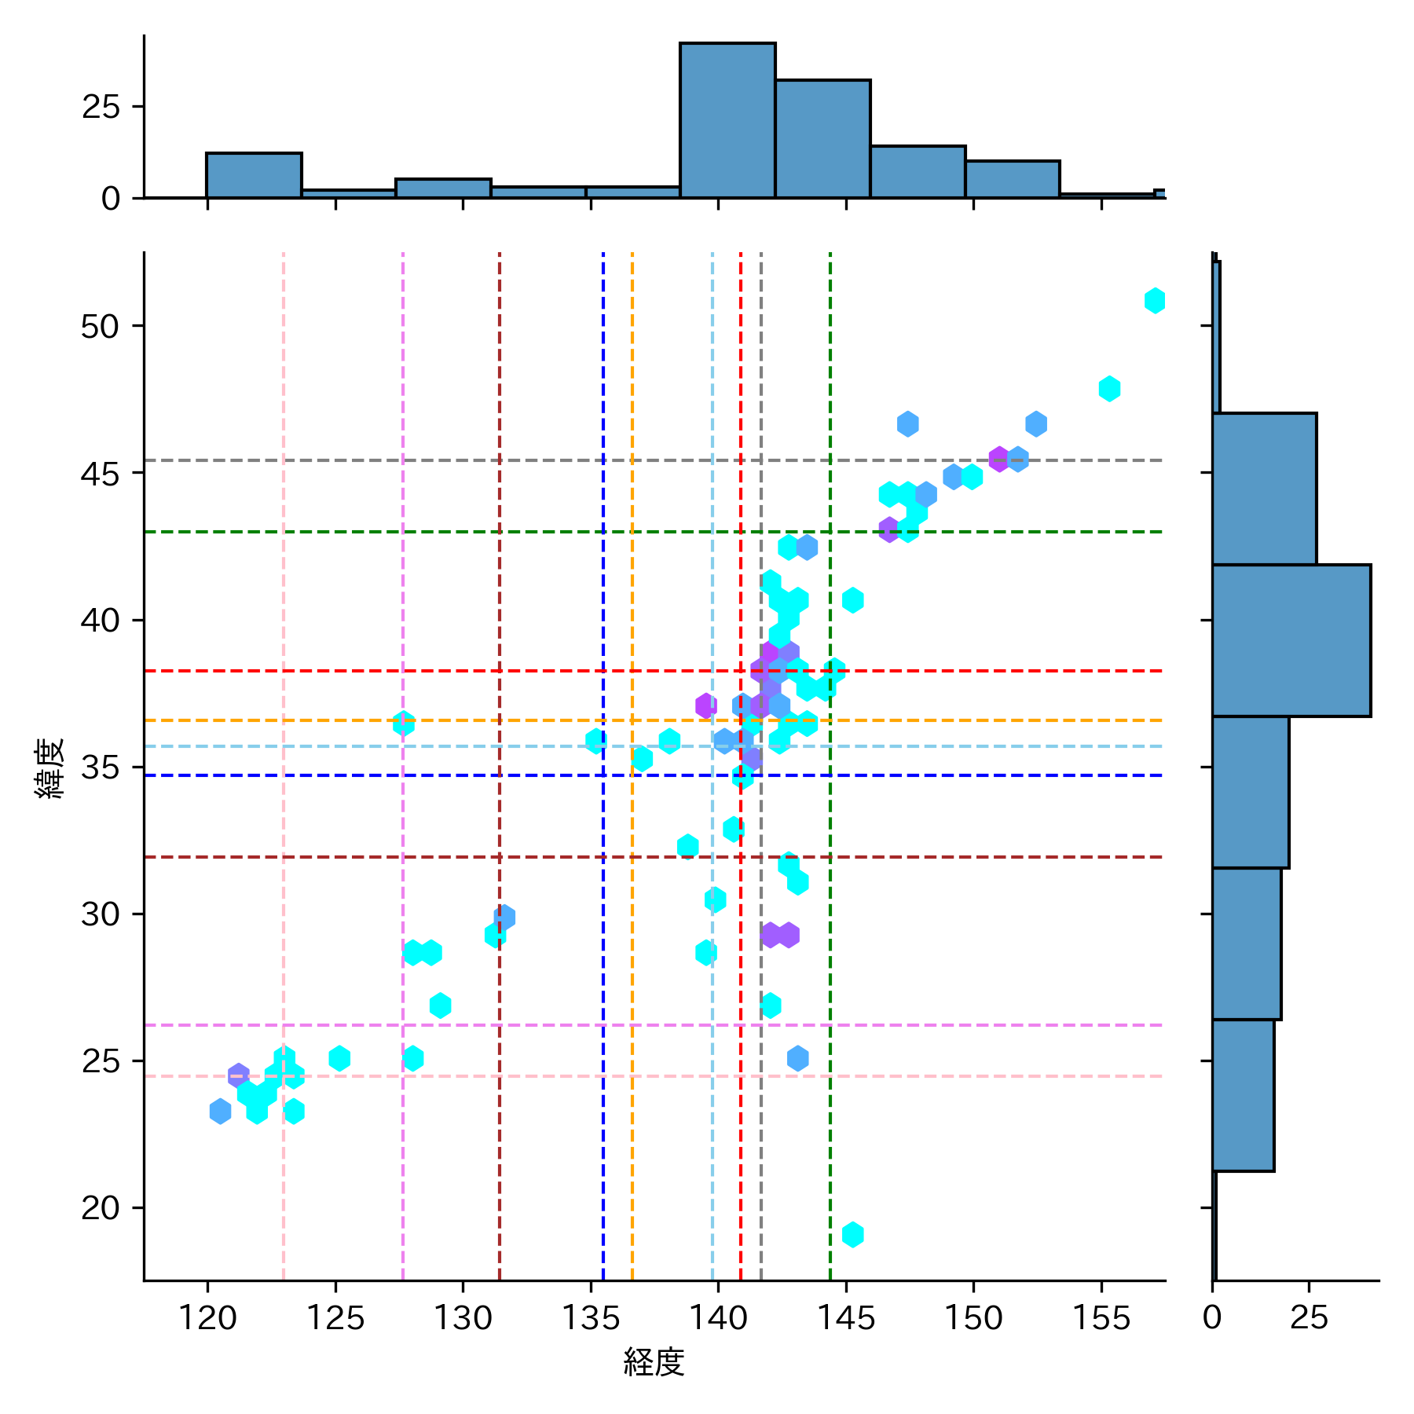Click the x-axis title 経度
(654, 1362)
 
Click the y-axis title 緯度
(50, 768)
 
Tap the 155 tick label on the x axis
(1101, 1317)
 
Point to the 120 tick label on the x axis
(207, 1317)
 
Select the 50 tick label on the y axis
(100, 326)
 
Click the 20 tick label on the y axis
(100, 1207)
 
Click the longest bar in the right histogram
(1291, 640)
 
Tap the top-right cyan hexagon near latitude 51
(1154, 301)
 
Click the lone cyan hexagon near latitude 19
(852, 1234)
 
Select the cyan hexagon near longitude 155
(1108, 388)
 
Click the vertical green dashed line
(830, 1139)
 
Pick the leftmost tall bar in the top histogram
(254, 175)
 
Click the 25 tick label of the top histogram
(101, 107)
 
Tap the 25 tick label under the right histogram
(1309, 1317)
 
